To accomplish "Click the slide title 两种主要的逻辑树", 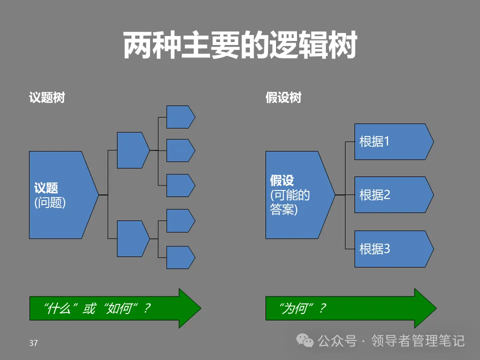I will pyautogui.click(x=239, y=46).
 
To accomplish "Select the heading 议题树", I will pyautogui.click(x=47, y=97).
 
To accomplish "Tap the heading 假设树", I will pyautogui.click(x=283, y=97).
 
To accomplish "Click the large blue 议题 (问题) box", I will pyautogui.click(x=60, y=194).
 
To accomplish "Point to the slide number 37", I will pyautogui.click(x=33, y=343).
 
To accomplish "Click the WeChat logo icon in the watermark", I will pyautogui.click(x=304, y=340).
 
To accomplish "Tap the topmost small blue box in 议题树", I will pyautogui.click(x=179, y=117).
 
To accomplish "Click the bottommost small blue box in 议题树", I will pyautogui.click(x=179, y=257).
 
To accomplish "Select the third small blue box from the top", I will pyautogui.click(x=179, y=185).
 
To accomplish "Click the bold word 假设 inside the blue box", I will pyautogui.click(x=282, y=180).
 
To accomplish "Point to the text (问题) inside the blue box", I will pyautogui.click(x=50, y=202).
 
